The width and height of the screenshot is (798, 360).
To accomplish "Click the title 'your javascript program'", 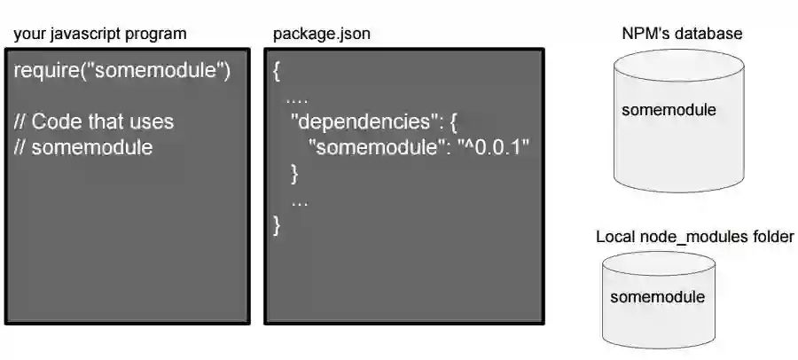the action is click(99, 35).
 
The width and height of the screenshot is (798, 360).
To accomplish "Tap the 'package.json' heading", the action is click(322, 35).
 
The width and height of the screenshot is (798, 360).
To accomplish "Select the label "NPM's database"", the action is click(682, 34).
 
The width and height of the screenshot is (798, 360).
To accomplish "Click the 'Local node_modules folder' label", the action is click(694, 238).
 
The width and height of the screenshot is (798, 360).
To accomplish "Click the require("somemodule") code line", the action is click(122, 71).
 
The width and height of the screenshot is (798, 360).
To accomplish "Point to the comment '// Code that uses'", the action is click(94, 121).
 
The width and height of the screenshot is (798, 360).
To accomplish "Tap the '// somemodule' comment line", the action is click(83, 147).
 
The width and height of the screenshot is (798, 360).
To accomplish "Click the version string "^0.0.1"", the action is click(493, 147).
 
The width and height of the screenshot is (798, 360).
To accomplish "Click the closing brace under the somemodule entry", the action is click(295, 173).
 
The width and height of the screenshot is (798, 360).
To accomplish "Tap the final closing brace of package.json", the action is click(278, 224).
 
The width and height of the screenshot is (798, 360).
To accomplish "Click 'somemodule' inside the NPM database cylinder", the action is click(669, 111).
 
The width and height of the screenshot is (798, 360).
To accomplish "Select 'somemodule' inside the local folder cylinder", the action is click(657, 297).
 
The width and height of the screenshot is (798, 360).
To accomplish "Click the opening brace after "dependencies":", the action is click(452, 121).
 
